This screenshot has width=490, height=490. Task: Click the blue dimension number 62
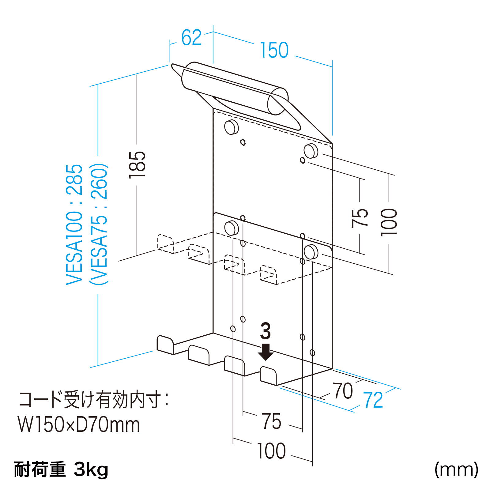[191, 38]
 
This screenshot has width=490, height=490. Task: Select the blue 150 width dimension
[274, 50]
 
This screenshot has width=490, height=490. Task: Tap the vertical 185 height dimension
[137, 164]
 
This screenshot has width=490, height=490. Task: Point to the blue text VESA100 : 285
[74, 224]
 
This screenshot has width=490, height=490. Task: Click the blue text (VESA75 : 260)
[99, 224]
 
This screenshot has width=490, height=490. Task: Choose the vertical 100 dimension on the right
[389, 222]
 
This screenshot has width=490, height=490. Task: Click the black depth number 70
[343, 391]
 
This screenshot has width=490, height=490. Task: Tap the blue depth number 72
[373, 400]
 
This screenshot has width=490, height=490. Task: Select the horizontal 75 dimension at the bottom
[271, 421]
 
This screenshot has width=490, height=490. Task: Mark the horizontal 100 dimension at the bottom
[271, 451]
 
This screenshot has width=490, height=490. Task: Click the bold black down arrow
[266, 352]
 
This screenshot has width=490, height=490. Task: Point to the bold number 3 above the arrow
[266, 331]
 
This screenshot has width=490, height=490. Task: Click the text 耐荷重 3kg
[61, 469]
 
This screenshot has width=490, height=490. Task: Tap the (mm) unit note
[456, 469]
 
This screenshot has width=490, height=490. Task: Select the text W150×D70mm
[79, 425]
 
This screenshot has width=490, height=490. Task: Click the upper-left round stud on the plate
[231, 127]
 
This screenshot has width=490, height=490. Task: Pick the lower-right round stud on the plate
[311, 252]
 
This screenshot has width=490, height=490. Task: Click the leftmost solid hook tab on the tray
[165, 345]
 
